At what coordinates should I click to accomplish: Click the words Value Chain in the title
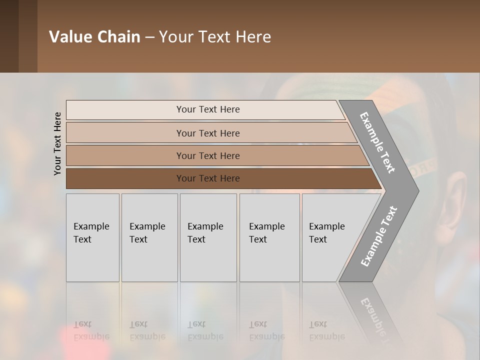point(94,37)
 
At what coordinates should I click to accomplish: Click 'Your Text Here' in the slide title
point(215,37)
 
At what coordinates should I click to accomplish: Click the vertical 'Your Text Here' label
point(57,143)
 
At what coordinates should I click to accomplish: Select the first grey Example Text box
point(92,237)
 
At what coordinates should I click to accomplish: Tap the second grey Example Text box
point(149,237)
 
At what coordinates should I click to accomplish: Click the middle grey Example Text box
point(208,237)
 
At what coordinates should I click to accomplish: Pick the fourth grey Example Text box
point(269,237)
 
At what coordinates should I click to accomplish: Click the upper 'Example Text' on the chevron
point(377,142)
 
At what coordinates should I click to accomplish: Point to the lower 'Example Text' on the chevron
point(378,236)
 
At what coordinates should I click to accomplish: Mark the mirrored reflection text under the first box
point(91,330)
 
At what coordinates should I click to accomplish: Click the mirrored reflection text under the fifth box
point(326,330)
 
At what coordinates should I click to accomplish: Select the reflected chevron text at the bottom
point(377,315)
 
